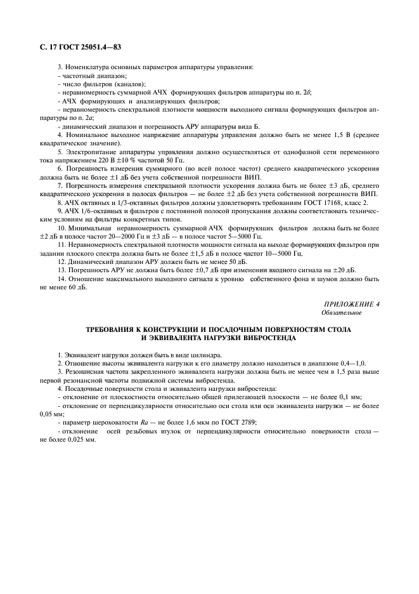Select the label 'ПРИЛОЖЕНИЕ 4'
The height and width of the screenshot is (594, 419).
coord(352,304)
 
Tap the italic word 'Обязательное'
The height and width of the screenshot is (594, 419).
coord(342,312)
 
